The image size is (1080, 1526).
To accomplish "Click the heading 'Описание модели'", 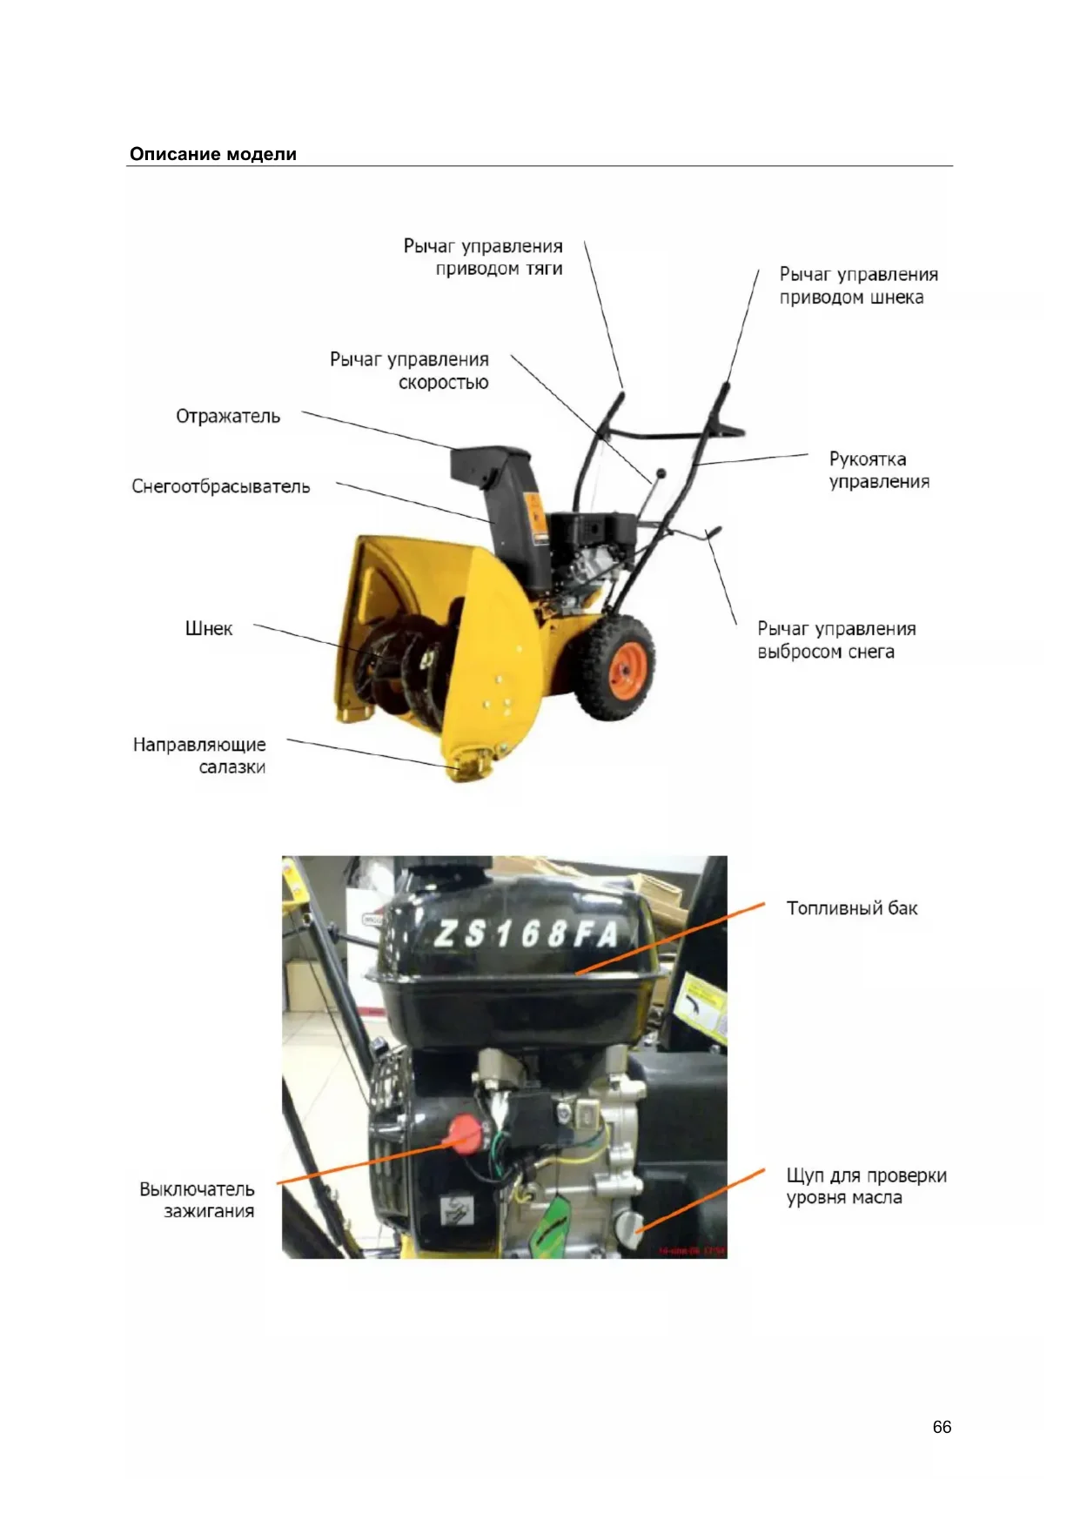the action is click(213, 154).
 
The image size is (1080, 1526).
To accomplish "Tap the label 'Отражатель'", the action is click(228, 416).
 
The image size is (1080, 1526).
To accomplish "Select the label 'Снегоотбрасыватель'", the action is click(221, 486).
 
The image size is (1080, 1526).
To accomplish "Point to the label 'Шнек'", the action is click(209, 628).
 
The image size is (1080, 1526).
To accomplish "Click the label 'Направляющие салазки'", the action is click(199, 755).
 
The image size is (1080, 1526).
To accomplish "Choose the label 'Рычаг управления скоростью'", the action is click(409, 371).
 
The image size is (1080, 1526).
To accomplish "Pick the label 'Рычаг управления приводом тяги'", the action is click(483, 258).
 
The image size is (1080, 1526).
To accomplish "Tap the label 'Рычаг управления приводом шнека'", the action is click(858, 285).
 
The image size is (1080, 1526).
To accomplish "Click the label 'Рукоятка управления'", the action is click(878, 470).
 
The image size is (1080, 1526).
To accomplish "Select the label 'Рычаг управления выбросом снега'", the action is click(835, 639).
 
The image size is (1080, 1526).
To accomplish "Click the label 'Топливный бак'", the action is click(852, 908).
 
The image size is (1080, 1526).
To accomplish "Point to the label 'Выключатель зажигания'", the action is click(198, 1200).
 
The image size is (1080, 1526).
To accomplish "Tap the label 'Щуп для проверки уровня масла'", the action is click(866, 1186).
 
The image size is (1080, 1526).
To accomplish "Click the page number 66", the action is click(942, 1427).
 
